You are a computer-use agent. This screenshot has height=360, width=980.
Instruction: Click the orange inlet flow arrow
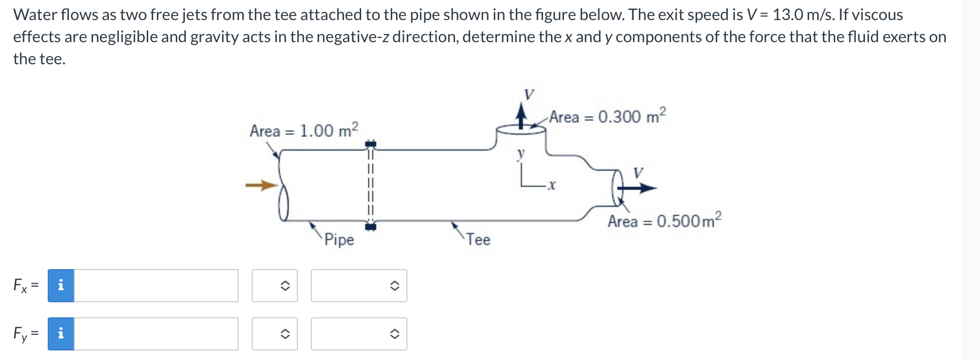tap(262, 186)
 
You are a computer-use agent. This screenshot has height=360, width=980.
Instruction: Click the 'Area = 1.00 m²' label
tap(304, 130)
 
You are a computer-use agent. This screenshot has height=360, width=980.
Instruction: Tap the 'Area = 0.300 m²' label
tap(607, 116)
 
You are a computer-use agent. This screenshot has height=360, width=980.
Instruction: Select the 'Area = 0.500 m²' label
tap(665, 220)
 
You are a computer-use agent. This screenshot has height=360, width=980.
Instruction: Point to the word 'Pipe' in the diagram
tap(339, 239)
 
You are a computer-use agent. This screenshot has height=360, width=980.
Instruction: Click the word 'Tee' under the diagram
tap(478, 239)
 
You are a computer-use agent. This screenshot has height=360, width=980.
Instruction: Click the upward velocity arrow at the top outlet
tap(522, 115)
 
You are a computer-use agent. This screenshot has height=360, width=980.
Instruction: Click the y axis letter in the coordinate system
tap(521, 154)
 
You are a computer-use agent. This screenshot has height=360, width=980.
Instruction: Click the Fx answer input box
tap(156, 286)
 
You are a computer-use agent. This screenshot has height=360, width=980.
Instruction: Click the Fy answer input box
tap(156, 334)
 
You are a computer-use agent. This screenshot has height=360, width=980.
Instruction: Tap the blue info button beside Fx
tap(61, 286)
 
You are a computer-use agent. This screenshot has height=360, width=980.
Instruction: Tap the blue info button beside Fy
tap(61, 334)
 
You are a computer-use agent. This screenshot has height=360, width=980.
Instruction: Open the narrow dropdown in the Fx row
tap(275, 286)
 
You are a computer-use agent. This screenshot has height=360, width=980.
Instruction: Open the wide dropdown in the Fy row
tap(359, 334)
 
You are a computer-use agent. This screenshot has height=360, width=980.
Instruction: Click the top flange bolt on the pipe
tap(370, 145)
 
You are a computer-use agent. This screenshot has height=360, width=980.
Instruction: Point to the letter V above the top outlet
tap(529, 94)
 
